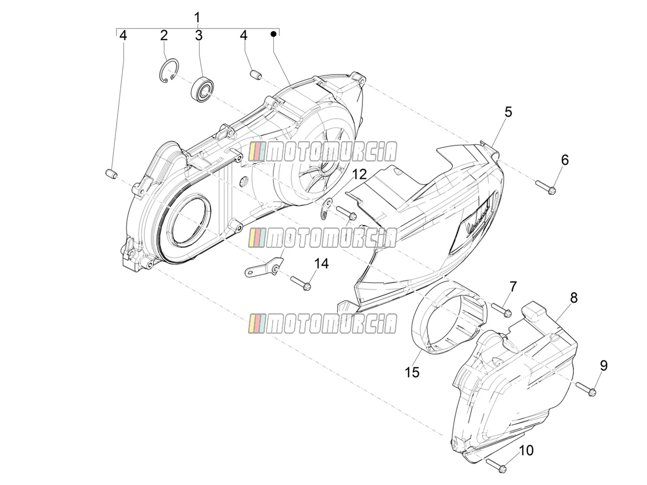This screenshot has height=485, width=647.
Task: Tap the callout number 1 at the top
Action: (197, 17)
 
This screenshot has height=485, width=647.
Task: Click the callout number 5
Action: (508, 112)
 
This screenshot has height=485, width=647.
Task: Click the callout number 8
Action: (573, 298)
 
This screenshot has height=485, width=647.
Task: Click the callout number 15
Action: (412, 372)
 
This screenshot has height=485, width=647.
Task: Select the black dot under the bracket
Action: (273, 34)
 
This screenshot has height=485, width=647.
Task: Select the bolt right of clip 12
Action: (346, 212)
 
